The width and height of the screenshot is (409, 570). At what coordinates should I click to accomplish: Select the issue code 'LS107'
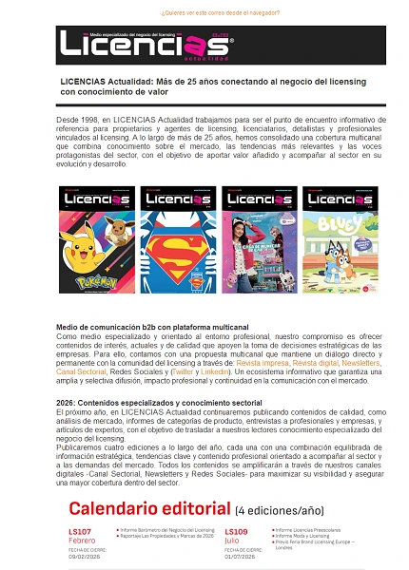pos(80,531)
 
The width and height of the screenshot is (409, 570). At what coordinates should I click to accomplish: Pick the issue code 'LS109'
pos(238,531)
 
